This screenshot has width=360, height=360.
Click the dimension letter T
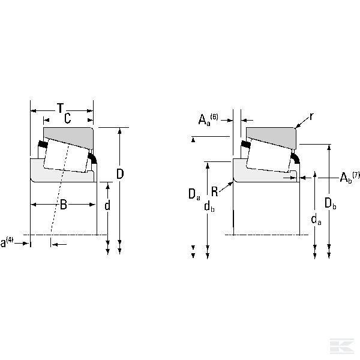[61, 108]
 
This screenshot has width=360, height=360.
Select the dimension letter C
[67, 118]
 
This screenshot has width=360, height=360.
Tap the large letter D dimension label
[120, 174]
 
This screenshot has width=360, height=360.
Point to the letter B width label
[64, 205]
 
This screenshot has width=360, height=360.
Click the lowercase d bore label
[107, 205]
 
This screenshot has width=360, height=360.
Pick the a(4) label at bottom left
[7, 242]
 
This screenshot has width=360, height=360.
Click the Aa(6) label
[208, 119]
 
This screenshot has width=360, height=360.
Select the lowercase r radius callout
[311, 117]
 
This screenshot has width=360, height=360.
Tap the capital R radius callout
[214, 191]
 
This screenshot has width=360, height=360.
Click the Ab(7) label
[349, 177]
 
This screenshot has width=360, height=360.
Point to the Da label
[194, 194]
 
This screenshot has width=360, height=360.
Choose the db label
[209, 206]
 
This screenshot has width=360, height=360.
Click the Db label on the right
[331, 203]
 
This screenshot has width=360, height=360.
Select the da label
[316, 220]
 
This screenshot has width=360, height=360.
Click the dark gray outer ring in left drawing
[69, 137]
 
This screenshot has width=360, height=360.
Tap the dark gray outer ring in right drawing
[271, 137]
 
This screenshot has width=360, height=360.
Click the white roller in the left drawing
[66, 155]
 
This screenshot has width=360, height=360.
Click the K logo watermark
[342, 346]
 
